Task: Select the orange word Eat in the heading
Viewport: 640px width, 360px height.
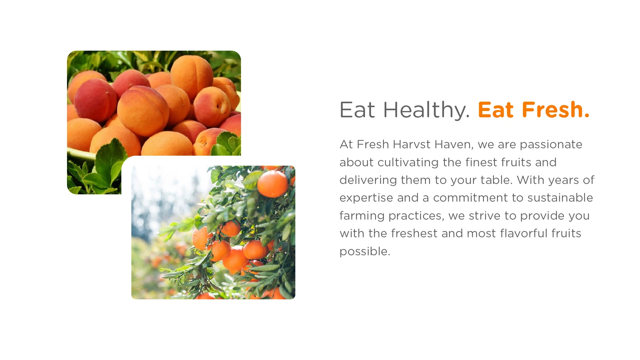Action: click(496, 110)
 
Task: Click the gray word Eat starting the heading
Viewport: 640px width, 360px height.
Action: click(357, 110)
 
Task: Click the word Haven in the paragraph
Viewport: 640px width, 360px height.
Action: click(454, 145)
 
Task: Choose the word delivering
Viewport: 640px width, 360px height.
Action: click(368, 180)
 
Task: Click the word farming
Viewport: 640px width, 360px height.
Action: click(362, 216)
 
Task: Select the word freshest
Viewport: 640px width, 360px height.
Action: click(414, 233)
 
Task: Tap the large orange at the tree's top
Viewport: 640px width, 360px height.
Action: click(273, 184)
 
